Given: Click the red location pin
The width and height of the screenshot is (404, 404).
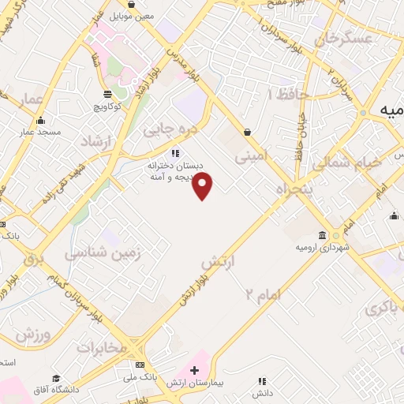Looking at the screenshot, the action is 204,185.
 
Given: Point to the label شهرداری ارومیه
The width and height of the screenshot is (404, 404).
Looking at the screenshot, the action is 324,248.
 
